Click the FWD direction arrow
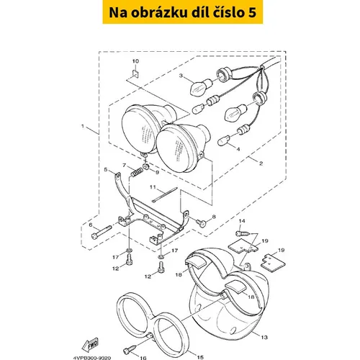90,345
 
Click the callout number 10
135,61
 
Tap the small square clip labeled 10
136,73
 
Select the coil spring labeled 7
137,172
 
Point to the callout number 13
264,337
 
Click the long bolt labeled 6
102,232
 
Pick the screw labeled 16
130,349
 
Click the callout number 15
200,357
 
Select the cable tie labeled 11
165,195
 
